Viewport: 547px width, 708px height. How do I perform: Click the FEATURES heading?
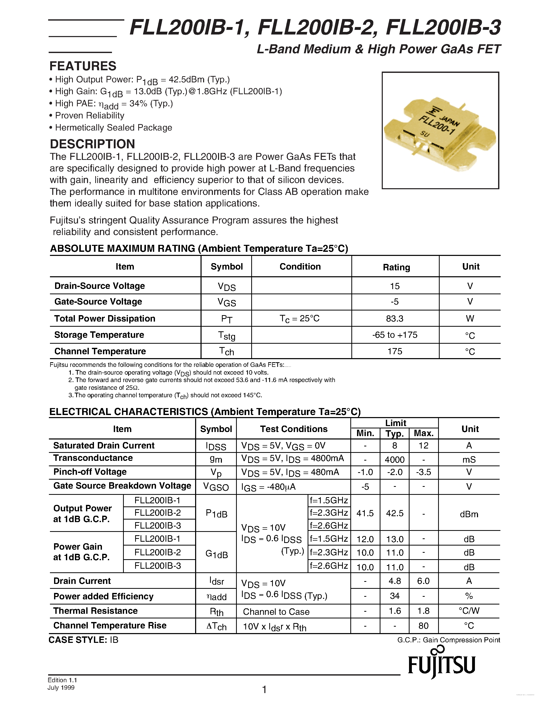[83, 66]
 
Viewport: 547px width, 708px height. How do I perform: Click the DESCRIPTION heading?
[92, 144]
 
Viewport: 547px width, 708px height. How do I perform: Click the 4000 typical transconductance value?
[394, 459]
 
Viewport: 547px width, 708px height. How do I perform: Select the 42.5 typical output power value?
[394, 513]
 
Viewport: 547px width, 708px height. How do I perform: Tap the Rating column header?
[396, 267]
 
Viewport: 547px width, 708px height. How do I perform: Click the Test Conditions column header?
[294, 429]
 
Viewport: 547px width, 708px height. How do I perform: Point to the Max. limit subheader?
[423, 433]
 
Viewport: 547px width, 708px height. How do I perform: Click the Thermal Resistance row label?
[95, 611]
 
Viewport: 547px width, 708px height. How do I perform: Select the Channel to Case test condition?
[276, 612]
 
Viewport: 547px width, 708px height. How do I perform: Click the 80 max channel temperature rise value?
[423, 626]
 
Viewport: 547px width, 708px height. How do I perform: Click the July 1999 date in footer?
[61, 688]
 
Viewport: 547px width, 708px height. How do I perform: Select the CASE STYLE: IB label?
[83, 640]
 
